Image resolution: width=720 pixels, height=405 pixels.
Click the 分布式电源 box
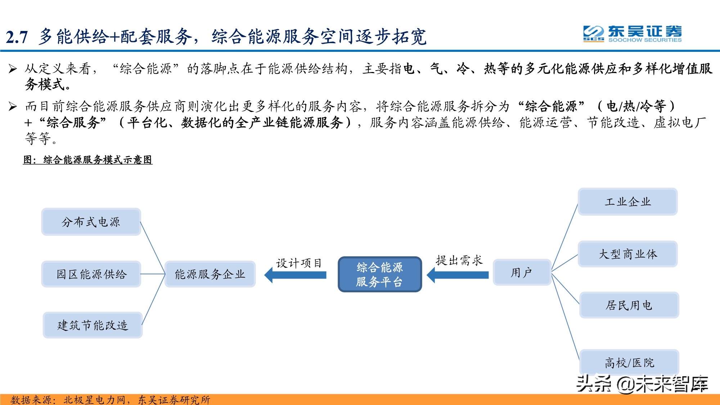[91, 222]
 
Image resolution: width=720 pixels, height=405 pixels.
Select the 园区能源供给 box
[91, 274]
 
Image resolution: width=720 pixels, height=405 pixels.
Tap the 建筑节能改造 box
[93, 325]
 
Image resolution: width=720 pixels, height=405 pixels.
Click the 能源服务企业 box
[210, 274]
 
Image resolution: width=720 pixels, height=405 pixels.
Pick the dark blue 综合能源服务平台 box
[380, 274]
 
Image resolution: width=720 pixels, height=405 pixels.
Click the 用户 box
[522, 273]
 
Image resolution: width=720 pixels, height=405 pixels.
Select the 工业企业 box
[627, 202]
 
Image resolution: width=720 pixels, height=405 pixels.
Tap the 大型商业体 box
[627, 254]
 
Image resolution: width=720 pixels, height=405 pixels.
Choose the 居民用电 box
[629, 305]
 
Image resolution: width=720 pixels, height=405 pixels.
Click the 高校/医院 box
[629, 362]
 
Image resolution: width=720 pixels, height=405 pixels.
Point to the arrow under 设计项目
[296, 275]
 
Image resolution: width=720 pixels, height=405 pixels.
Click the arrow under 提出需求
[458, 275]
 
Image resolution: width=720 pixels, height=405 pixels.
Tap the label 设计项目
[298, 263]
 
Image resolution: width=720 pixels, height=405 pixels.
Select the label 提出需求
[459, 260]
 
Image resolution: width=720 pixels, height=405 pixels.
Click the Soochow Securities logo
[632, 34]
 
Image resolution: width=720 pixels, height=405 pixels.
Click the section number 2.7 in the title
[17, 37]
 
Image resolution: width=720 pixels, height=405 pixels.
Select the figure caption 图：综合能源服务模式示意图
[88, 159]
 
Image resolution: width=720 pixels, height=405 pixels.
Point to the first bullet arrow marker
[13, 68]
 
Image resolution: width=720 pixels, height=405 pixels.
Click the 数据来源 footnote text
[110, 400]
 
